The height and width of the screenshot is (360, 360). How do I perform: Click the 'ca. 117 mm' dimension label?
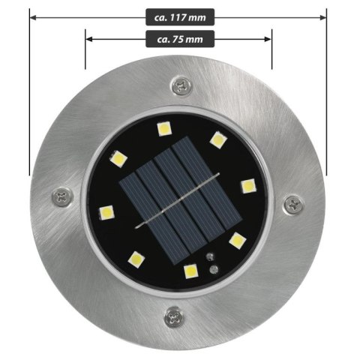[x=178, y=15]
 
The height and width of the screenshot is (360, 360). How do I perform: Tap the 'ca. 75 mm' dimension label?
[x=178, y=38]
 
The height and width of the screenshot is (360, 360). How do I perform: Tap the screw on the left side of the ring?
[x=62, y=198]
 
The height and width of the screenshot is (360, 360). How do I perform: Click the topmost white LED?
[x=164, y=129]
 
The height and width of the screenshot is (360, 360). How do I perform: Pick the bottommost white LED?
[x=190, y=271]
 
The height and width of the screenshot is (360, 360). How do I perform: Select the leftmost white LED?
[x=106, y=211]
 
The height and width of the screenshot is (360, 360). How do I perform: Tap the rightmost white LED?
[x=247, y=186]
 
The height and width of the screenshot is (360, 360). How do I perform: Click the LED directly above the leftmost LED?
[x=118, y=158]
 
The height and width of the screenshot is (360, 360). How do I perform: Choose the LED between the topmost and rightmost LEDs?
[x=217, y=139]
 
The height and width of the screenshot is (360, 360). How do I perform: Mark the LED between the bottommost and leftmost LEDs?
[x=136, y=259]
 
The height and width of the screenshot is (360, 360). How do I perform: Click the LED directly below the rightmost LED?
[x=238, y=241]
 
